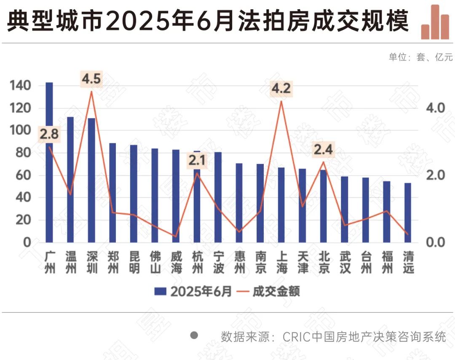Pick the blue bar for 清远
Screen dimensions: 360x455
(x=407, y=212)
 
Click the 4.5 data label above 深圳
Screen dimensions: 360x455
(x=91, y=79)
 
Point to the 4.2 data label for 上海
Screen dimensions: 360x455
(x=281, y=89)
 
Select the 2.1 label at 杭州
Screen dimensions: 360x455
(x=197, y=161)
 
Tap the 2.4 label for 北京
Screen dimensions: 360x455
(x=323, y=149)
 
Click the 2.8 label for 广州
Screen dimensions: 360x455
(x=49, y=135)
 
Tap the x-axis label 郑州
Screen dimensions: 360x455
(x=112, y=262)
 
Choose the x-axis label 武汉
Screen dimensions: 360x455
(x=345, y=262)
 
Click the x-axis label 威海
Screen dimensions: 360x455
(x=176, y=262)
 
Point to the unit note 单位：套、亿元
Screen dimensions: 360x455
(x=420, y=57)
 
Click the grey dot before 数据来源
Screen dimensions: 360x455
(x=194, y=336)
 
